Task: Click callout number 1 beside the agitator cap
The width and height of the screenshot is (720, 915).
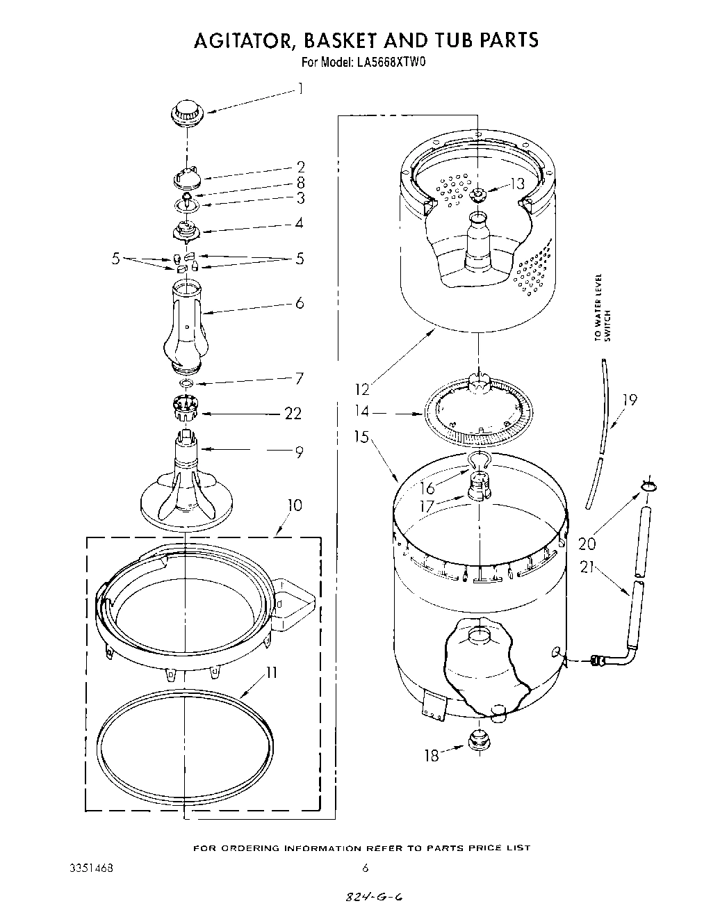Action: click(300, 88)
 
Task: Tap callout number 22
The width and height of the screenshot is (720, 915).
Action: click(293, 414)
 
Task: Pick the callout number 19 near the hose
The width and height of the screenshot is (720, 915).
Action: click(629, 400)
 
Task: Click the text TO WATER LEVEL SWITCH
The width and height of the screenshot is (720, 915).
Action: click(602, 307)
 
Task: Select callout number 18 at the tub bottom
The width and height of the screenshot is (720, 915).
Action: click(432, 756)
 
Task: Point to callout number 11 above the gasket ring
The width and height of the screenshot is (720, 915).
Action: click(271, 672)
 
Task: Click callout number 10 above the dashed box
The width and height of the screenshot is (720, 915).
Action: click(295, 505)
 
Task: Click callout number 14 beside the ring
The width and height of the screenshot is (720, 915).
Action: click(362, 412)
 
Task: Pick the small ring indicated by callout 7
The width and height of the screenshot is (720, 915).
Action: click(186, 383)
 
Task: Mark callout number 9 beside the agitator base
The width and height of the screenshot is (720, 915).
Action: click(299, 452)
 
